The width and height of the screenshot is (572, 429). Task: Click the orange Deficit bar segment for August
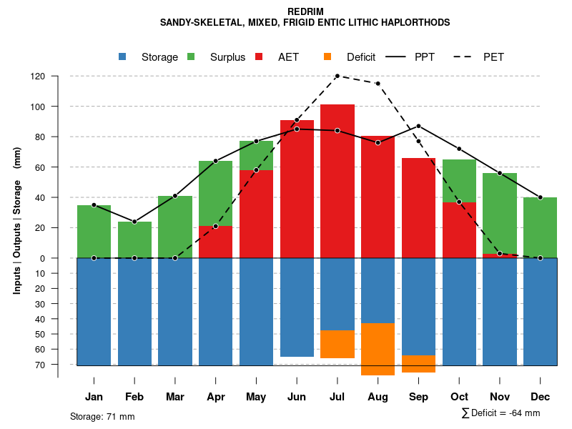coord(378,349)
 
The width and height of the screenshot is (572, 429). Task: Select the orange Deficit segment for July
coord(337,344)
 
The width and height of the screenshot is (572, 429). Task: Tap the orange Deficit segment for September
coord(418,364)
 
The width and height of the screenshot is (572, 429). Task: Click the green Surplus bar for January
coord(94,231)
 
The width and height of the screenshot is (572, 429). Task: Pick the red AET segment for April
coord(215,242)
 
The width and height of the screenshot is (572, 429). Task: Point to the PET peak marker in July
coord(337,76)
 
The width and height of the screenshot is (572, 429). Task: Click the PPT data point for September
coord(418,126)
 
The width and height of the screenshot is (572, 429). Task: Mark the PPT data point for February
coord(134,222)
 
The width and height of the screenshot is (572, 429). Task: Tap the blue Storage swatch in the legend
coord(124,56)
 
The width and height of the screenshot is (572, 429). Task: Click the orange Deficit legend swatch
coord(327,56)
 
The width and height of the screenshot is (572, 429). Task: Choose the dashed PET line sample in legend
coord(466,56)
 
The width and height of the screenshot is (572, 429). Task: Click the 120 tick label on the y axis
coord(38,77)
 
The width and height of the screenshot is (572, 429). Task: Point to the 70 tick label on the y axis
coord(39,365)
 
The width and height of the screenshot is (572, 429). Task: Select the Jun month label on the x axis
coord(297,397)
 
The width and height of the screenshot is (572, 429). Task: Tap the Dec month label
coord(541,397)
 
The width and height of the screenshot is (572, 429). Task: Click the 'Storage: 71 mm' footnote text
coord(102,416)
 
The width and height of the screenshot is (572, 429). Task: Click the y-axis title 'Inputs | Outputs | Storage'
coord(17,236)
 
